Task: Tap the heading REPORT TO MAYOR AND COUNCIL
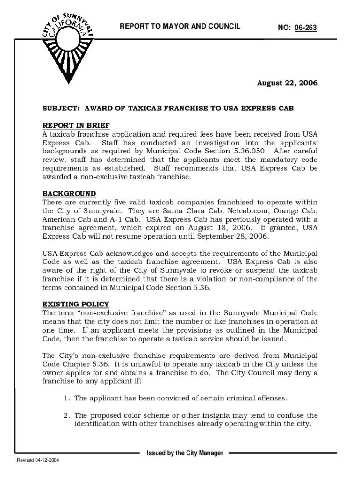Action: point(180,26)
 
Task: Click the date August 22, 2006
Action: point(288,83)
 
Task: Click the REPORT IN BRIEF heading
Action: point(76,125)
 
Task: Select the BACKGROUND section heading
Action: point(69,194)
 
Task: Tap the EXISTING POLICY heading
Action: point(76,304)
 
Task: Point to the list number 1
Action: point(67,398)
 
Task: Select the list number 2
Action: point(67,415)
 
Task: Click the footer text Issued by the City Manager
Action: point(185,453)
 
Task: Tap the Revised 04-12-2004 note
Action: point(38,460)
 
